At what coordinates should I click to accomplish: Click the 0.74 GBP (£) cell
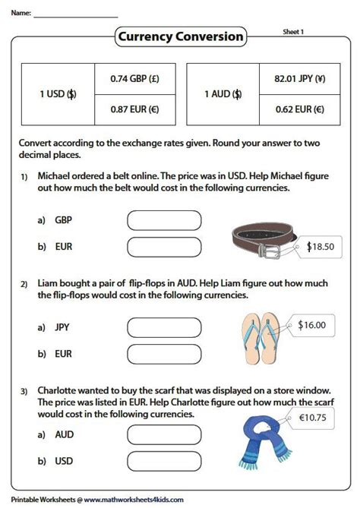[x=135, y=79]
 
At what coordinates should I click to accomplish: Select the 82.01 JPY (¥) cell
[x=300, y=79]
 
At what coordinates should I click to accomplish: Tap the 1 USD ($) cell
[x=58, y=94]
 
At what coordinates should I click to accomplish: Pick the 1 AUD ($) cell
[x=223, y=94]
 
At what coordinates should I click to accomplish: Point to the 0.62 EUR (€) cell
[x=300, y=110]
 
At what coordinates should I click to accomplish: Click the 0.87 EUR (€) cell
[x=135, y=110]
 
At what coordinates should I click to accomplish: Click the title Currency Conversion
[x=181, y=36]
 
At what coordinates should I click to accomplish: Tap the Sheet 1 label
[x=293, y=32]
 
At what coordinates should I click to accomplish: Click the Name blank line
[x=76, y=17]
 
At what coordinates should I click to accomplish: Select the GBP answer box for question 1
[x=164, y=221]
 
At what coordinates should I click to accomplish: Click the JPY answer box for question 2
[x=164, y=327]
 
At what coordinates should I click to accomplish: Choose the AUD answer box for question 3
[x=164, y=435]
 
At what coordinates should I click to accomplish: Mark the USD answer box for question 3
[x=164, y=462]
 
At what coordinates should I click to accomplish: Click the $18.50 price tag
[x=318, y=247]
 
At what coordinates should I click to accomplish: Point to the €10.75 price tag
[x=311, y=418]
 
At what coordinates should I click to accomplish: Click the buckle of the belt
[x=269, y=251]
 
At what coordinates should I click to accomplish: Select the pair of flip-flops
[x=261, y=338]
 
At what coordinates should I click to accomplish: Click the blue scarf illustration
[x=264, y=443]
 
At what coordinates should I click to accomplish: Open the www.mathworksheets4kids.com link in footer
[x=134, y=500]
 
